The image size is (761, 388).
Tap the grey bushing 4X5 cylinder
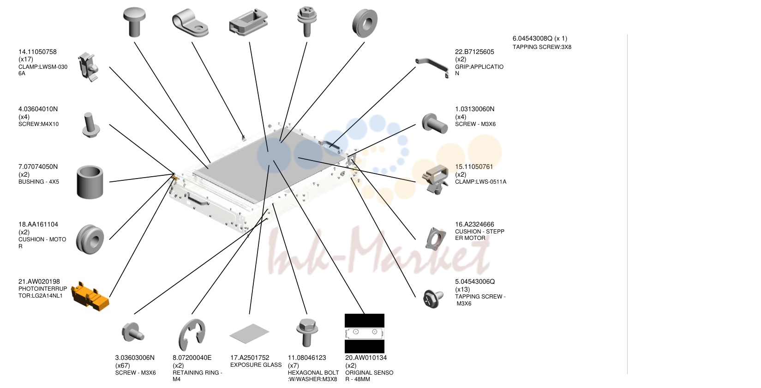[x=90, y=182]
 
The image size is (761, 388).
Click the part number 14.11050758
[x=37, y=52]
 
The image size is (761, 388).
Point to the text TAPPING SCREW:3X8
[x=542, y=47]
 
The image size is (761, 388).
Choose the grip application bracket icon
[x=432, y=66]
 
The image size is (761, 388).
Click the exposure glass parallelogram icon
[x=249, y=333]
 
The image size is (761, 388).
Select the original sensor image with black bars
[x=365, y=333]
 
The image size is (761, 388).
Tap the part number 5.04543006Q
[x=475, y=281]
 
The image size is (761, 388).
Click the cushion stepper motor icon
[x=435, y=239]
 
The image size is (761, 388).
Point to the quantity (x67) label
[x=122, y=365]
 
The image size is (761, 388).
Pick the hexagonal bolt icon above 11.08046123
[x=307, y=332]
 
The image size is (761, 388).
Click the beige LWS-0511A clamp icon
[x=435, y=179]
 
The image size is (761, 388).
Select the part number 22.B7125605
[x=474, y=52]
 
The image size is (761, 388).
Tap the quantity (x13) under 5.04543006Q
[x=462, y=289]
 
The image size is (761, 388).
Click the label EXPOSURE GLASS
[x=256, y=365]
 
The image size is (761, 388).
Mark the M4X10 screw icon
[x=91, y=125]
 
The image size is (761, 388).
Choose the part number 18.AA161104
[x=38, y=224]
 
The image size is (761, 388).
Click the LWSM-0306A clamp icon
[x=88, y=66]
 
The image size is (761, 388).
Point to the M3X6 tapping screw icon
[x=433, y=299]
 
